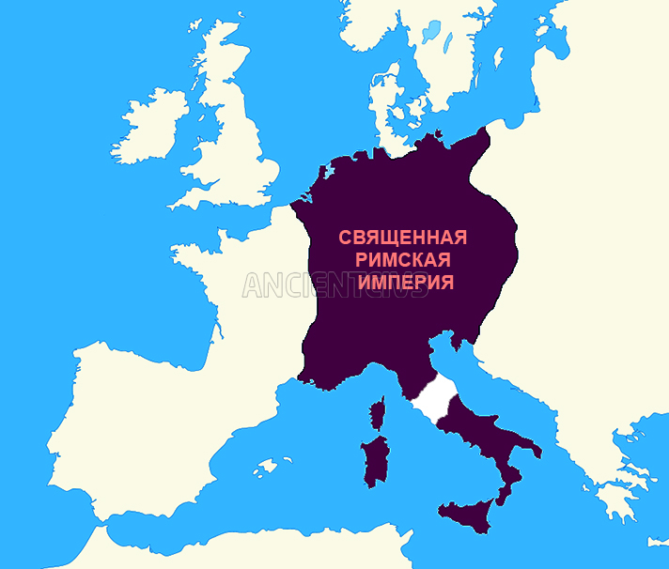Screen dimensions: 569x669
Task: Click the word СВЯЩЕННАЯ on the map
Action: [x=402, y=237]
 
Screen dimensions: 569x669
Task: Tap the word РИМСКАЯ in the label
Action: [x=403, y=259]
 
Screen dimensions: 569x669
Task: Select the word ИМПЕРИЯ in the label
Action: [x=403, y=282]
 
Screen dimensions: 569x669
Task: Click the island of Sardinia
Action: [x=376, y=460]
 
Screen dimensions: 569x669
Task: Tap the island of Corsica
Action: [x=381, y=413]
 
